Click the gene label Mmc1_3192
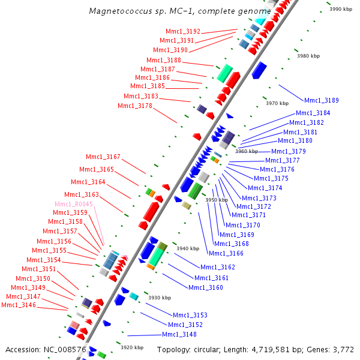[x=183, y=31]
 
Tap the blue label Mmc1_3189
[x=322, y=100]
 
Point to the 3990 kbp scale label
[x=341, y=9]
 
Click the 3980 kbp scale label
[x=310, y=56]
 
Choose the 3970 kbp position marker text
[x=277, y=103]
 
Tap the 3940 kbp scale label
[x=187, y=248]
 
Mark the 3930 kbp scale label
[x=160, y=297]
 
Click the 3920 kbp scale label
[x=132, y=347]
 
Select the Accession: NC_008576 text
[x=46, y=349]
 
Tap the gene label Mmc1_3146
[x=19, y=305]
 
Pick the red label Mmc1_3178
[x=135, y=106]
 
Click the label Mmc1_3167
[x=103, y=157]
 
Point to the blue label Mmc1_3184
[x=313, y=113]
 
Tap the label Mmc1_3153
[x=190, y=315]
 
